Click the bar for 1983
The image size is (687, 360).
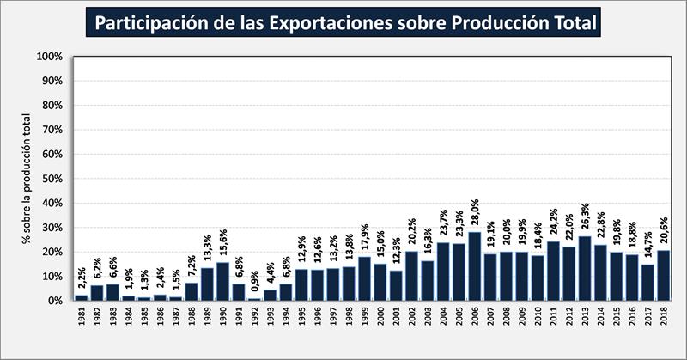coord(112,293)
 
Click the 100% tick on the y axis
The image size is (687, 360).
coord(49,57)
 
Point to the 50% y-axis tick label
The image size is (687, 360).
coord(52,179)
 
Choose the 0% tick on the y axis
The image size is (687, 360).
coord(54,301)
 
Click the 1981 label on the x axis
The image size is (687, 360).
coord(82,319)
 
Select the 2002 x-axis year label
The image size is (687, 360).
coord(411,319)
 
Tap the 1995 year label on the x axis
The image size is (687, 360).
coord(301,319)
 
